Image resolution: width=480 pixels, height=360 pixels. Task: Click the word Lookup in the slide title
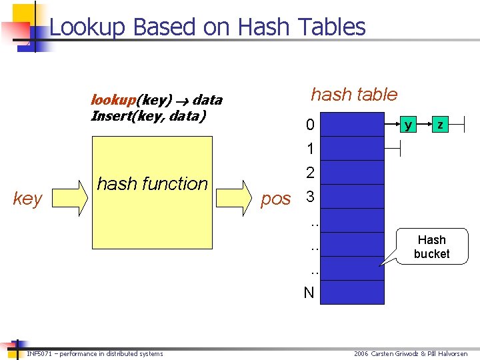[88, 27]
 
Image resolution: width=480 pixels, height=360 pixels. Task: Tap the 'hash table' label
[354, 95]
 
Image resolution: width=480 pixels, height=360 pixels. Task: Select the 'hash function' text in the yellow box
[153, 183]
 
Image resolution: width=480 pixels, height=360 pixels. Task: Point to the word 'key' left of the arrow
[27, 198]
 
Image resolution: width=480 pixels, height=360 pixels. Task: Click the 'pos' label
[276, 199]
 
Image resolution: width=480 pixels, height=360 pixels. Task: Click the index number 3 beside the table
[309, 198]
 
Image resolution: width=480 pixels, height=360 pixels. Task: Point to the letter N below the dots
[309, 293]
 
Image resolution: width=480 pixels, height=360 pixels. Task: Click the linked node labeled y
[408, 125]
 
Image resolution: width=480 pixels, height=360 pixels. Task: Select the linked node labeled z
[439, 125]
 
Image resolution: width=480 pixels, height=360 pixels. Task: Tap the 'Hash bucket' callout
[431, 247]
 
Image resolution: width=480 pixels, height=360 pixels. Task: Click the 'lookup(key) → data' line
[156, 101]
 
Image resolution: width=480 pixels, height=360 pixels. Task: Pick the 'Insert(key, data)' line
[149, 116]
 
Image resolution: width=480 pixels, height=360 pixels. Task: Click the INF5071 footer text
[94, 353]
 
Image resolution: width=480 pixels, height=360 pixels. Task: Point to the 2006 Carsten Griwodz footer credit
[411, 353]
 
